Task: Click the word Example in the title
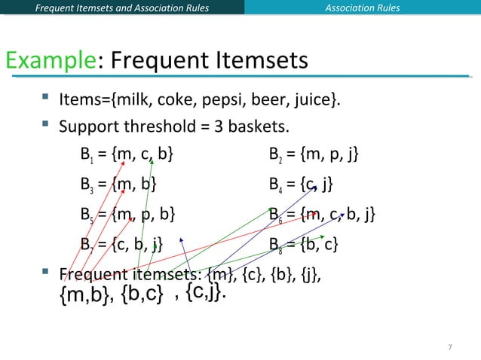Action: pos(50,60)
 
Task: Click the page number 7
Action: pos(449,346)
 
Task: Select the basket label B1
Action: pos(86,156)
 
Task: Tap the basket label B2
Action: pos(275,156)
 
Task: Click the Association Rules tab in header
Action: pos(363,8)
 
